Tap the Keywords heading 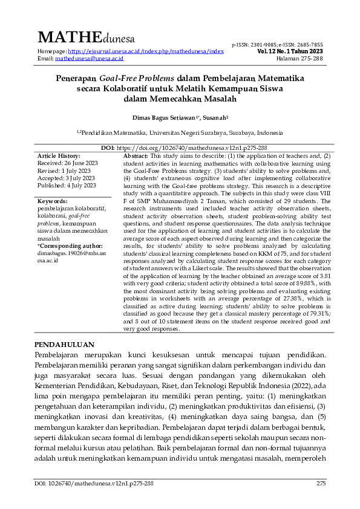[52, 201]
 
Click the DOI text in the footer [94, 484]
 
